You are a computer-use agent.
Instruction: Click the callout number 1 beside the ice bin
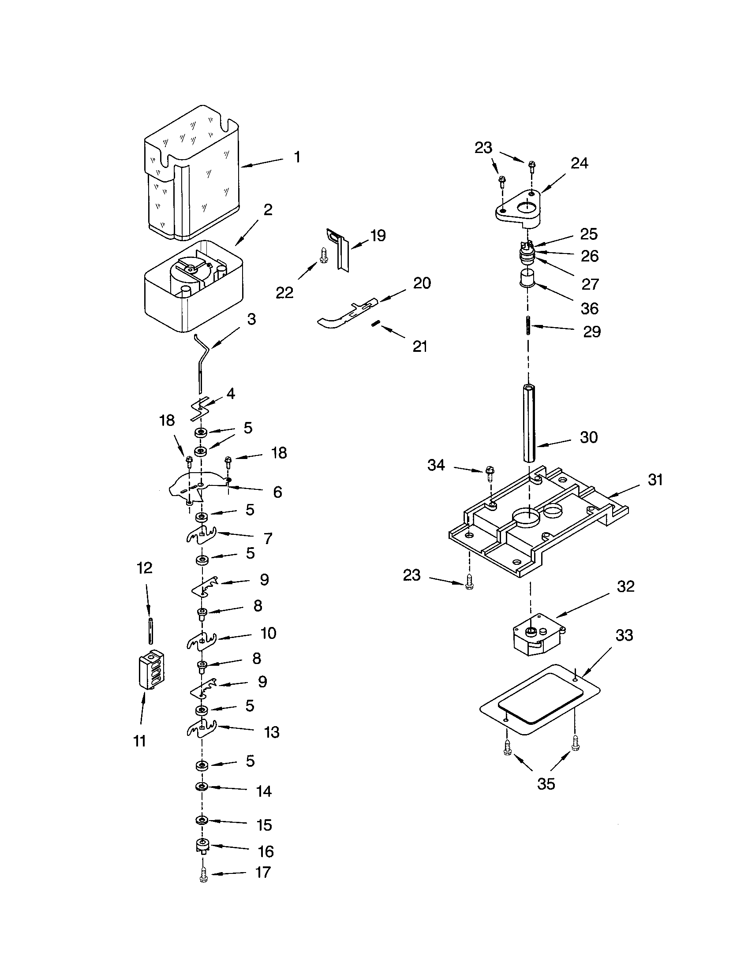coord(297,157)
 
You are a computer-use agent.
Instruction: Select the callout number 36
coord(589,309)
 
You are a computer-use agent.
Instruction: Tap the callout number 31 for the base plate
coord(655,480)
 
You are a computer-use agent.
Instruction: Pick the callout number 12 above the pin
coord(145,568)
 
